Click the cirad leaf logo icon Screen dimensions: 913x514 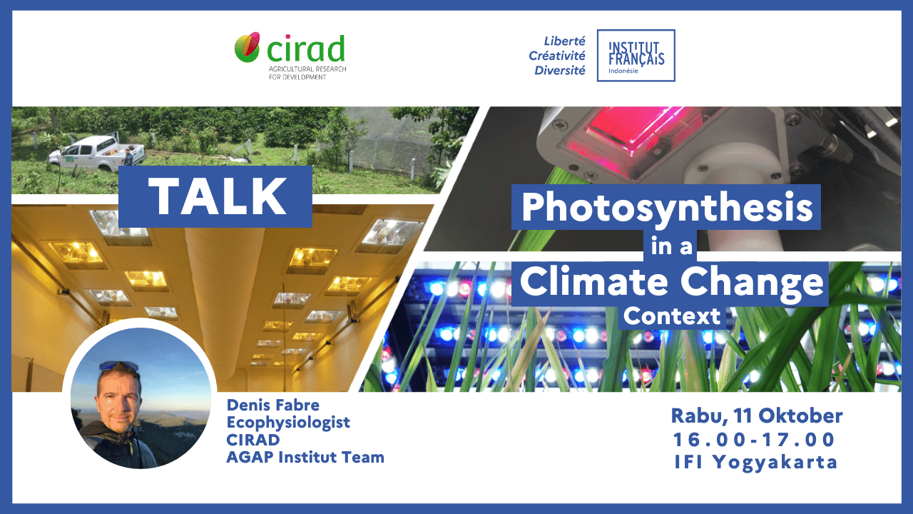point(247,47)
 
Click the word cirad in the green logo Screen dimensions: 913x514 point(306,49)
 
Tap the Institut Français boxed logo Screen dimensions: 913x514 point(636,56)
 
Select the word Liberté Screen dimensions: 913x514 point(564,41)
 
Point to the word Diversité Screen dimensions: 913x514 point(560,71)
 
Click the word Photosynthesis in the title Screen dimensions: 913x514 point(667,208)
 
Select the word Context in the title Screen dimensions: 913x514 point(672,316)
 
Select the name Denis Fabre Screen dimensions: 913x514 point(273,405)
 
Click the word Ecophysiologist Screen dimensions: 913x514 point(288,423)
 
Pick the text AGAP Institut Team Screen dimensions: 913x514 point(305,458)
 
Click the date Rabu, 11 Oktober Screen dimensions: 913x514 point(757,416)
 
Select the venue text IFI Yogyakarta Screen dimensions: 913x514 point(756,463)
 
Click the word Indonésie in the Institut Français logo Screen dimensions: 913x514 point(623,71)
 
